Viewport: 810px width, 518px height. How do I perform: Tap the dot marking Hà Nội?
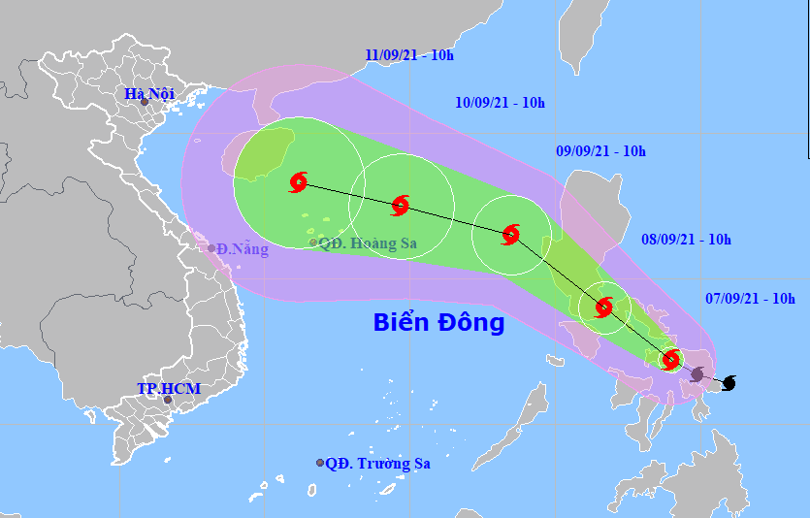(x=144, y=102)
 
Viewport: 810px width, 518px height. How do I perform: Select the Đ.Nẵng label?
(x=243, y=249)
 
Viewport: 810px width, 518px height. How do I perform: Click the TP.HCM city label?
(x=168, y=389)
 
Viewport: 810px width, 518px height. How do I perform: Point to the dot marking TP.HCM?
(x=167, y=400)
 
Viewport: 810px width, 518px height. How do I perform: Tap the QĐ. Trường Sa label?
(x=377, y=464)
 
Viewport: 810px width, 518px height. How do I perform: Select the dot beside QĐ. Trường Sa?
(x=320, y=463)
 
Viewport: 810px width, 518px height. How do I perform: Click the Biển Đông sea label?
(x=438, y=323)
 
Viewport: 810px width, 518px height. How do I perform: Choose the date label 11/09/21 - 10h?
(x=409, y=54)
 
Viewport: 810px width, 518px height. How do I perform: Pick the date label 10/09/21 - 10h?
(x=500, y=102)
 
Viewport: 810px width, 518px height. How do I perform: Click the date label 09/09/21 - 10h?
(x=600, y=151)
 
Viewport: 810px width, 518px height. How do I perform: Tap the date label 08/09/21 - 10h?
(x=686, y=239)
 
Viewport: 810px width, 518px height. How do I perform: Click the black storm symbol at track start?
(x=729, y=383)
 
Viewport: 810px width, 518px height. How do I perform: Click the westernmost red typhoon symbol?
(x=299, y=181)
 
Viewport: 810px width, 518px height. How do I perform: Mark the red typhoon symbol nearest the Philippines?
(x=670, y=360)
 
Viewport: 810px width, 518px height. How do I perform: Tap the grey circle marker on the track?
(x=697, y=373)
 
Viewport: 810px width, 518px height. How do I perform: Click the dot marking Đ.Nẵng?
(x=211, y=248)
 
